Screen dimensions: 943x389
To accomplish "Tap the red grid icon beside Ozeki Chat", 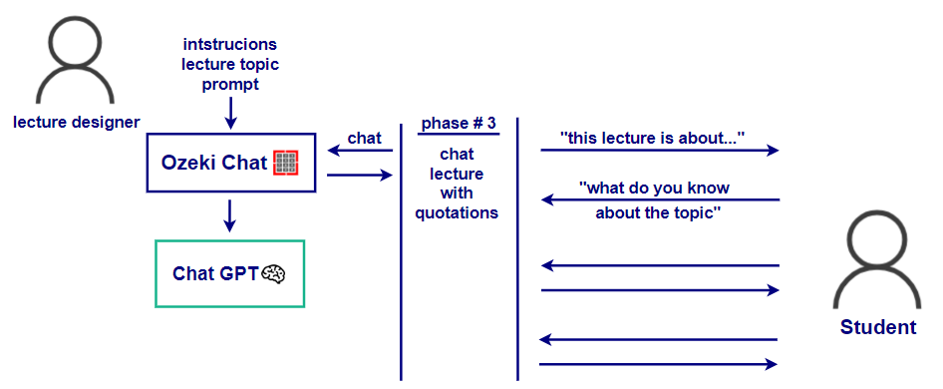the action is [x=286, y=163].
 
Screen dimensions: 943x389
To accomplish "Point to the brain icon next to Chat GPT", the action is [x=272, y=274].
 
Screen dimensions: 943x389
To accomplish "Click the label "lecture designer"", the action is [x=77, y=123].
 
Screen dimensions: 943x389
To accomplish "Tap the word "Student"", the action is [x=878, y=327].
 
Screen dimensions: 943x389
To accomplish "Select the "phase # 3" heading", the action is [x=459, y=124].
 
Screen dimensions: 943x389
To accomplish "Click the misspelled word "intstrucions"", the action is [x=230, y=44].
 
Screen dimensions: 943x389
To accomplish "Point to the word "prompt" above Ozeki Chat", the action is [x=230, y=85].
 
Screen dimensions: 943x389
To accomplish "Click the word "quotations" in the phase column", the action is [x=458, y=212].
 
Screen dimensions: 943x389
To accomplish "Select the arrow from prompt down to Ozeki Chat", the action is [x=230, y=113].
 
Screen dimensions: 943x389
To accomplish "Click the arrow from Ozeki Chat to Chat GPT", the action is [x=229, y=215].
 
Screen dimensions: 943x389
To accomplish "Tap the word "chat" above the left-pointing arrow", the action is [x=365, y=138].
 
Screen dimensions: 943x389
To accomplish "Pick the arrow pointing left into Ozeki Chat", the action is [x=360, y=151].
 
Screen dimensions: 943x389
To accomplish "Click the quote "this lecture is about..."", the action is [x=653, y=138].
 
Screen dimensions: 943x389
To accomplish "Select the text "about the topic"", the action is [x=658, y=212].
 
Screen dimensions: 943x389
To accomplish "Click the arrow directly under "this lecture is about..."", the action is [x=660, y=151].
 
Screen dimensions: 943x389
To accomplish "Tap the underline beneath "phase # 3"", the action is [x=459, y=134].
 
